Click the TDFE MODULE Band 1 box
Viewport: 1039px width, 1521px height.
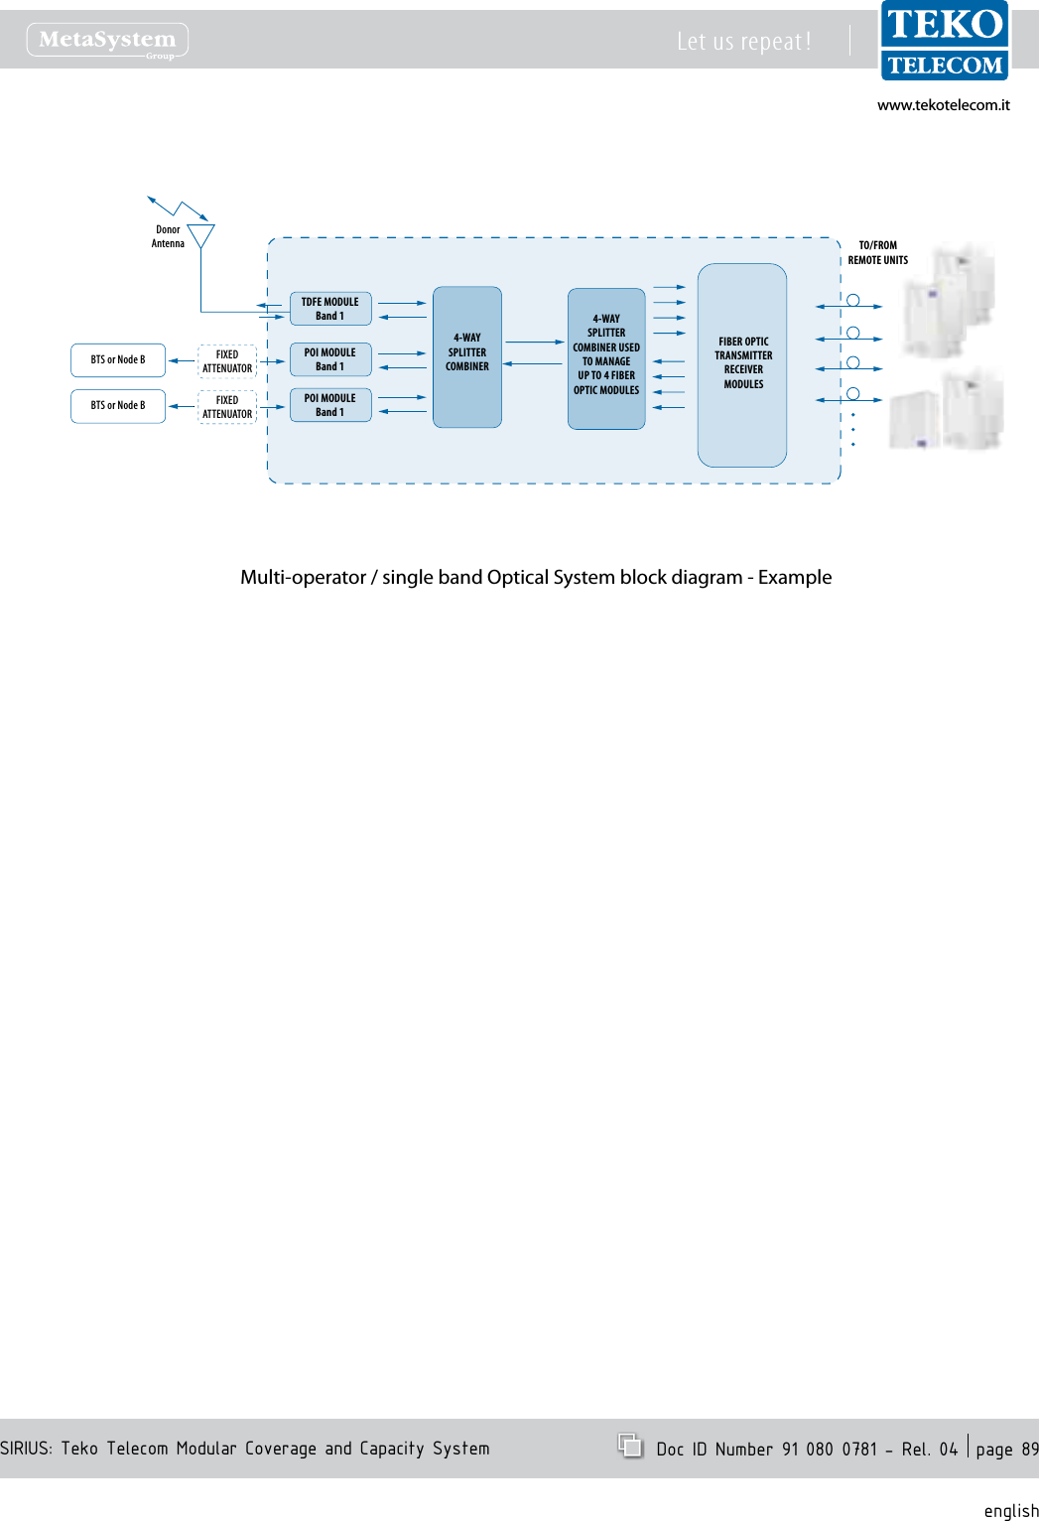click(x=330, y=309)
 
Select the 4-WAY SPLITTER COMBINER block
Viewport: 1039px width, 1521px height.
click(x=466, y=356)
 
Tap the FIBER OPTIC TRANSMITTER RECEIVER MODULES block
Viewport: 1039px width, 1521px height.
click(x=742, y=364)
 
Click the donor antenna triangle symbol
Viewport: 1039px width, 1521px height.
click(x=201, y=235)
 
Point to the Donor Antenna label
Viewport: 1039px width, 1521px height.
click(x=168, y=236)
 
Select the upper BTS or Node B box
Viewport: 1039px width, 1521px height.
click(x=118, y=360)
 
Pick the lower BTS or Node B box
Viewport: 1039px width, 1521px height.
click(x=118, y=406)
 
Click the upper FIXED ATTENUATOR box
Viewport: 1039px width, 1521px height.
click(x=227, y=361)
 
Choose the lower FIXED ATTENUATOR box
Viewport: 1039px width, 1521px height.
click(x=227, y=407)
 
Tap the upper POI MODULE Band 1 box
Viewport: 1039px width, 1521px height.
click(x=330, y=359)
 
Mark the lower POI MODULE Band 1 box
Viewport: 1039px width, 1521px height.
click(x=330, y=405)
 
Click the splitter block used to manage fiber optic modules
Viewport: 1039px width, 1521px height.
click(x=606, y=357)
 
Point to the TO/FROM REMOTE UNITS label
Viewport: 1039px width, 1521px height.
click(x=877, y=253)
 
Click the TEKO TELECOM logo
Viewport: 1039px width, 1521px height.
click(x=945, y=42)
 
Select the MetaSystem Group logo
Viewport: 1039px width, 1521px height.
click(x=107, y=41)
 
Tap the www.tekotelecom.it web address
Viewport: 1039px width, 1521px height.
click(x=943, y=105)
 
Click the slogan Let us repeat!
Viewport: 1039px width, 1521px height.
click(x=743, y=42)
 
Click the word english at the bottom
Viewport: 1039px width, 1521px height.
click(x=1010, y=1510)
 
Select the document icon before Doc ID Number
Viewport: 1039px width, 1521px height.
click(x=630, y=1446)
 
